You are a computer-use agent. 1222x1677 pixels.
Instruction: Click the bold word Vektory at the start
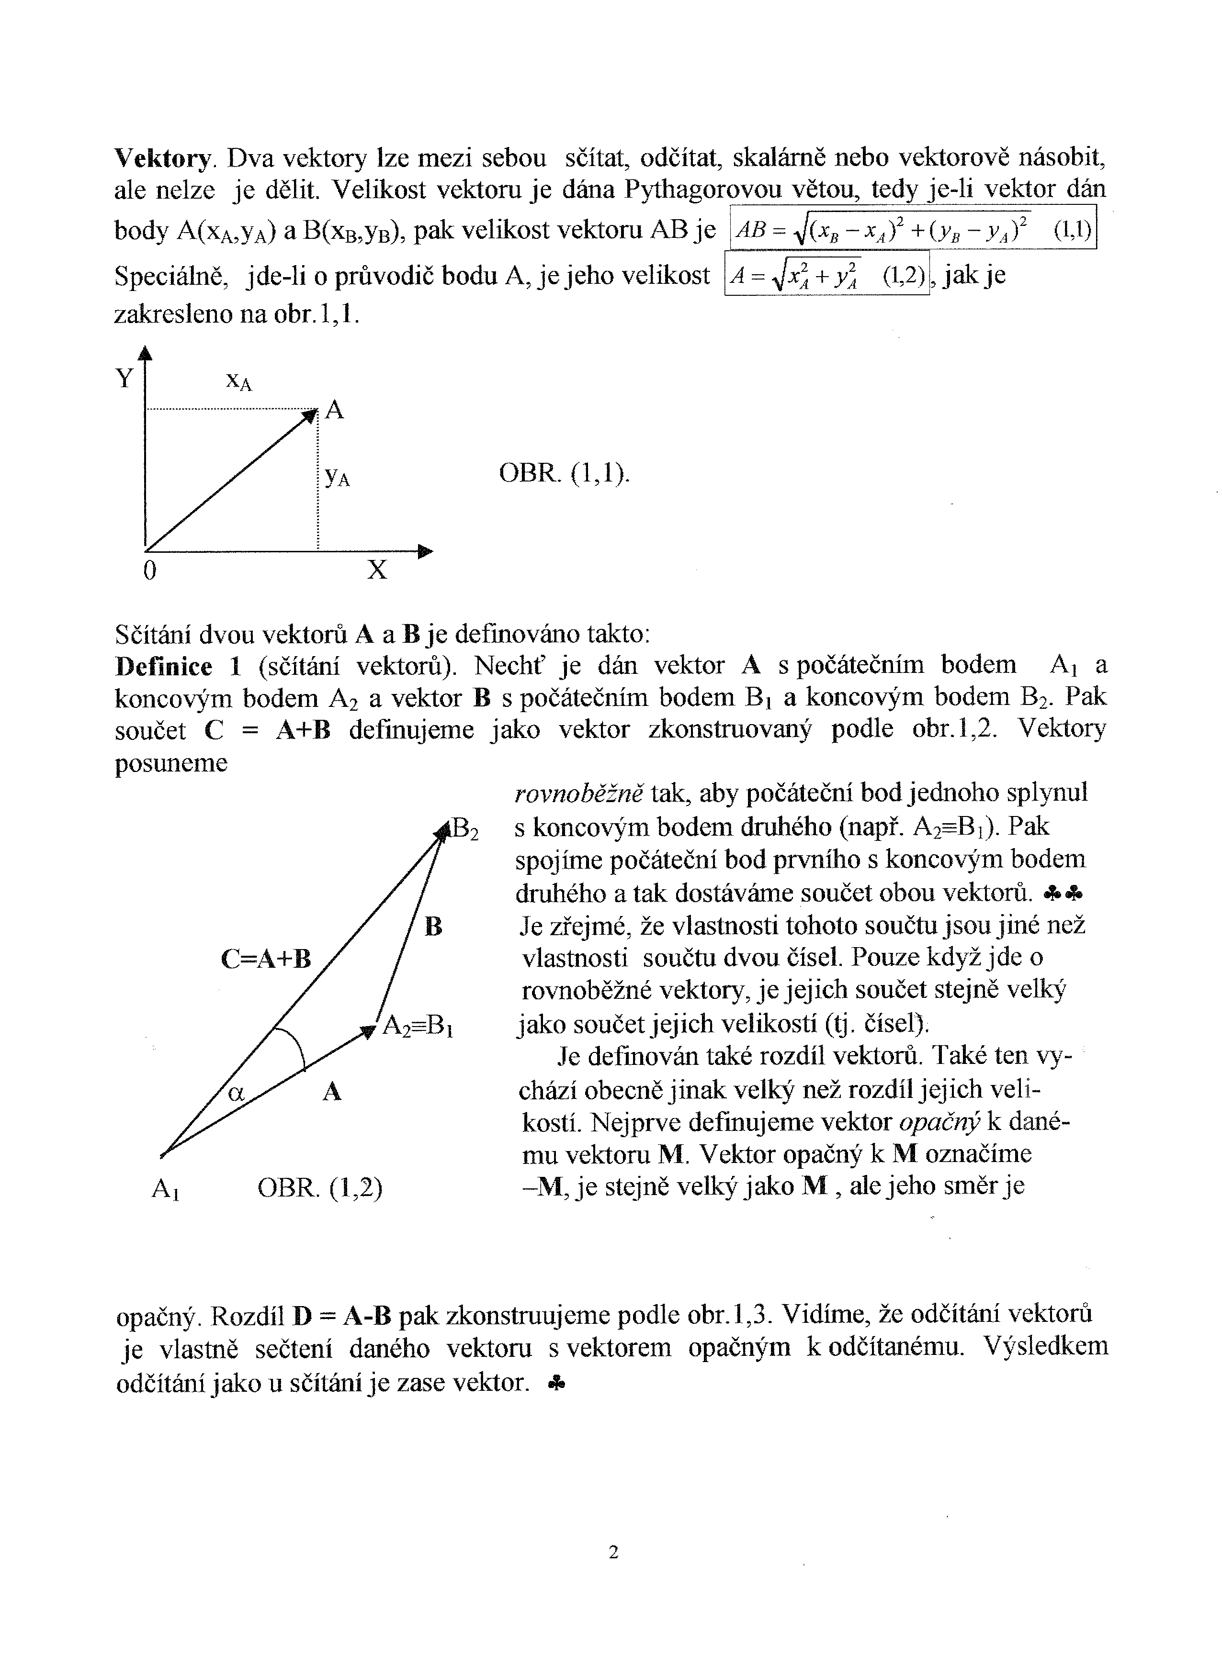coord(163,158)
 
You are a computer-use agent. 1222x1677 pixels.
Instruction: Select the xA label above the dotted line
coord(238,381)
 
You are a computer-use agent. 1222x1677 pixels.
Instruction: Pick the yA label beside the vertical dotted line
coord(337,477)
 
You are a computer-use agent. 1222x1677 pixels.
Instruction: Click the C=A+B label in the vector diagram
coord(266,959)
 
